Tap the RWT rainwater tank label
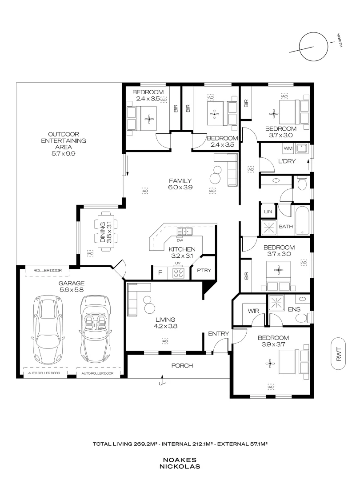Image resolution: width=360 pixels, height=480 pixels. click(339, 353)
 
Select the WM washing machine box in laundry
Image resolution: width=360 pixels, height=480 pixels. click(288, 148)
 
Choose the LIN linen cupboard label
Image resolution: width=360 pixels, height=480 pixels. click(268, 212)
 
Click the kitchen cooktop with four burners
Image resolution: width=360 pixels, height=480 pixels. click(178, 272)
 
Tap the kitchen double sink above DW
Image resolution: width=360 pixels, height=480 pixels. click(184, 231)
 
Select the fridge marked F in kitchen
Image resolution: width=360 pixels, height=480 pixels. click(159, 273)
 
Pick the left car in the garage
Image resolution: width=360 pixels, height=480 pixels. click(48, 329)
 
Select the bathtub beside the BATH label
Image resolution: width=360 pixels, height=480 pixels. click(303, 220)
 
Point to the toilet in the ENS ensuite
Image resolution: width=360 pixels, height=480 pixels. click(303, 316)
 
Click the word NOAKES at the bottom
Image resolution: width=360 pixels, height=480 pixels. click(180, 460)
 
